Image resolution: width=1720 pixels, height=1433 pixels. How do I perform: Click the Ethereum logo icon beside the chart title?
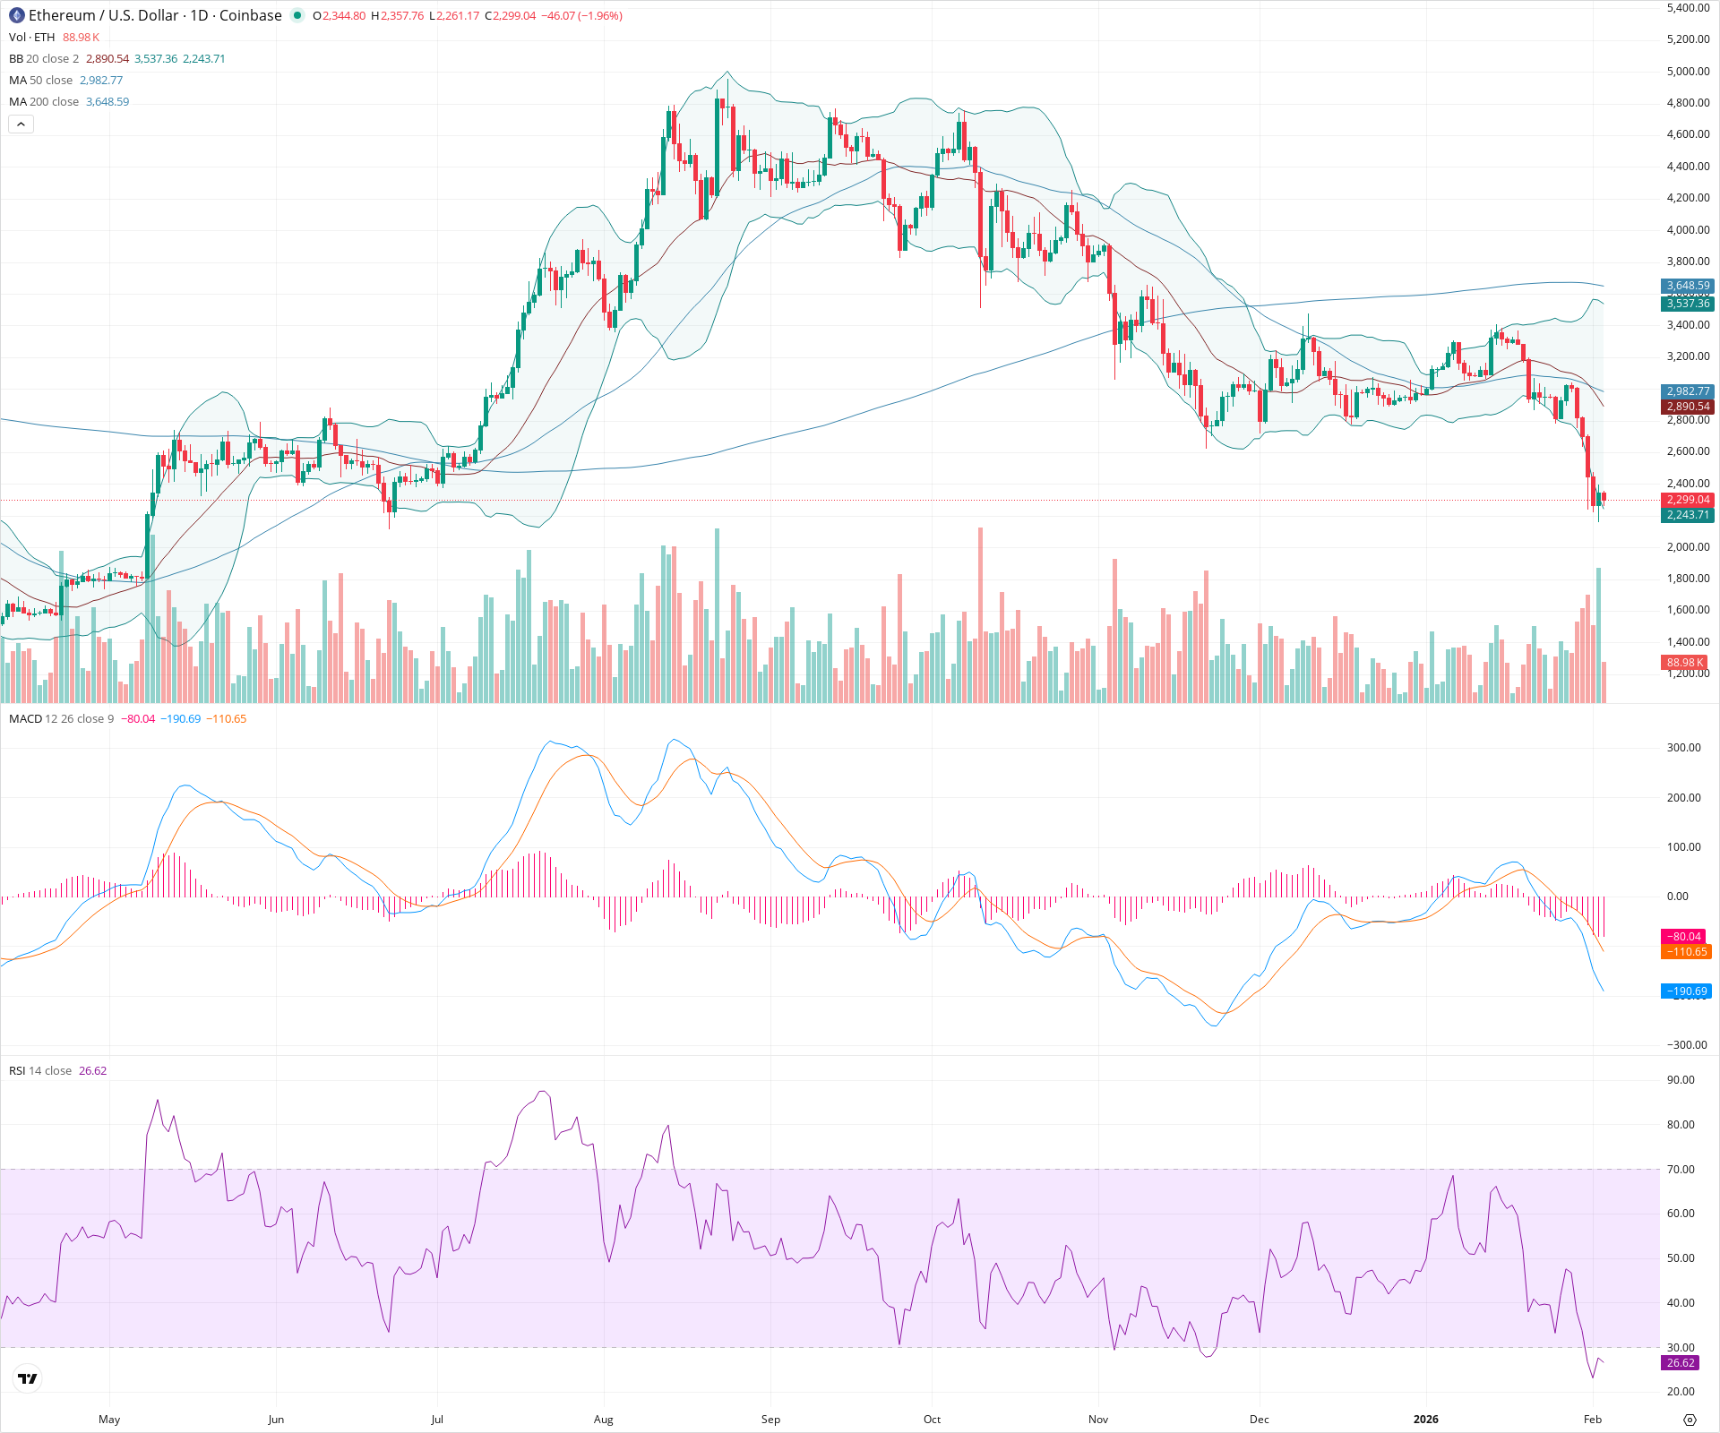coord(16,15)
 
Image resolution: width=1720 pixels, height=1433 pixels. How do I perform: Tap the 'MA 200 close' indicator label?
coord(44,102)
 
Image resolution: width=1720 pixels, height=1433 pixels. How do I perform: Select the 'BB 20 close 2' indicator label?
coord(44,59)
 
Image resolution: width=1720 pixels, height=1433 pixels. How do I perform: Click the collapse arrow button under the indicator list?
coord(21,124)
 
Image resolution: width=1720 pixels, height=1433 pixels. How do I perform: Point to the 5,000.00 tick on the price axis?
coord(1688,72)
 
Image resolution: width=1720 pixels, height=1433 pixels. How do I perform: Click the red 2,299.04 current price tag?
coord(1688,500)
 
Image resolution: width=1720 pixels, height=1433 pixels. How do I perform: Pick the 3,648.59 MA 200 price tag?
coord(1688,286)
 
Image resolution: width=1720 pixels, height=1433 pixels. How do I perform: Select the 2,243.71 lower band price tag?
coord(1688,515)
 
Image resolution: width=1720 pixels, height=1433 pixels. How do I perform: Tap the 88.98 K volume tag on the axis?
coord(1684,663)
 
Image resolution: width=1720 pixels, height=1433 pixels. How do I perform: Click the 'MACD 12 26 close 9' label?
coord(61,719)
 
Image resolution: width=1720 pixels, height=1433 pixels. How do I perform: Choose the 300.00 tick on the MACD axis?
coord(1683,748)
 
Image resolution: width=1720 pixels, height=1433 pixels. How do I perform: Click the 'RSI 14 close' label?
coord(40,1071)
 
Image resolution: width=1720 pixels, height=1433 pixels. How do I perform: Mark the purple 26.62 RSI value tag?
coord(1680,1363)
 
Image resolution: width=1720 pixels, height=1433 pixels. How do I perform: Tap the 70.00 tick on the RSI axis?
coord(1681,1170)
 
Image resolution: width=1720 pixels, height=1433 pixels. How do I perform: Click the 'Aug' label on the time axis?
coord(604,1420)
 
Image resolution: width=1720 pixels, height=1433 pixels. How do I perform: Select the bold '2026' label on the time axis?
coord(1425,1420)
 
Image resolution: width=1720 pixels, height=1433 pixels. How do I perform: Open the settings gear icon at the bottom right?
coord(1690,1420)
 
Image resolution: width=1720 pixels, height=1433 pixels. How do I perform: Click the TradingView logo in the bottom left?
coord(28,1378)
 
